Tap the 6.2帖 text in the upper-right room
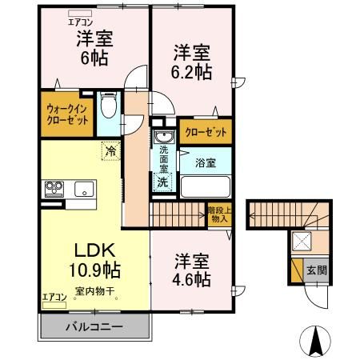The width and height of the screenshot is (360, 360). (192, 72)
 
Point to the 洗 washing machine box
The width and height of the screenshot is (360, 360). (162, 182)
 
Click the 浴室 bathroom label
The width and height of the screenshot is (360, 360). (206, 162)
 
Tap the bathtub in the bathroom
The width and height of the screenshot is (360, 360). (206, 187)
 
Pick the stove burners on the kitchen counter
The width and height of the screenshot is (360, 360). (54, 189)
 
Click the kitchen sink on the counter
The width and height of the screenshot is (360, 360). (83, 190)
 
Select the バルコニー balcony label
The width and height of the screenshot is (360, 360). (94, 327)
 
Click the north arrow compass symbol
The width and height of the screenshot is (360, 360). (315, 342)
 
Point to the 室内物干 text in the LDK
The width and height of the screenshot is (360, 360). (94, 290)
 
